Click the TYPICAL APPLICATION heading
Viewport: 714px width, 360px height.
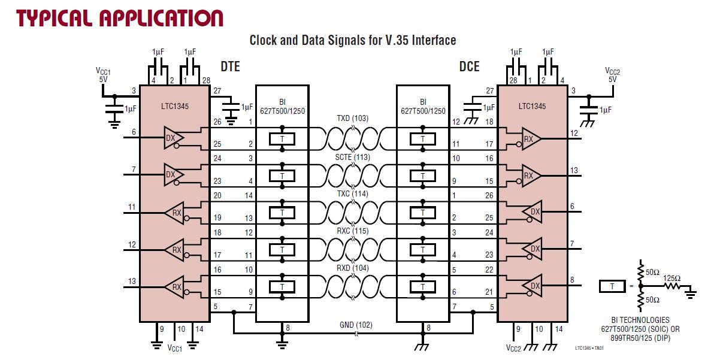point(120,17)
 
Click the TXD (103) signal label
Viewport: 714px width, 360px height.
point(352,118)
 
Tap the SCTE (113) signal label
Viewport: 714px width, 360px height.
point(352,157)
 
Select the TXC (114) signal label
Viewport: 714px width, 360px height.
point(352,194)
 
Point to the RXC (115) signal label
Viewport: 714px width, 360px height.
point(352,231)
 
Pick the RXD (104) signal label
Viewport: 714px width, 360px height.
point(352,268)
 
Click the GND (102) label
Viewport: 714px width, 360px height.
point(356,325)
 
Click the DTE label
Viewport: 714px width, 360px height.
point(230,66)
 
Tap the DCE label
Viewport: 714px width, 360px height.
point(470,66)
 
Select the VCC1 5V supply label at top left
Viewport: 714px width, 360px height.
point(104,75)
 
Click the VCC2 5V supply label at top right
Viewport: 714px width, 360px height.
point(612,75)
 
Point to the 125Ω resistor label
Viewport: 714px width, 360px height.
point(672,278)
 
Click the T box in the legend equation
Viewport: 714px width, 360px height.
point(613,287)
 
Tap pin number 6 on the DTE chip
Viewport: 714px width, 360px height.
point(134,132)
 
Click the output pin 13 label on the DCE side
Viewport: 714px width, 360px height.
point(574,171)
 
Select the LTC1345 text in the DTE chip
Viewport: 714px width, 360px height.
point(174,107)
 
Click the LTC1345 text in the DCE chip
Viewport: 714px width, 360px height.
point(533,107)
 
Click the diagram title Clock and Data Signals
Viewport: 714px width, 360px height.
point(353,41)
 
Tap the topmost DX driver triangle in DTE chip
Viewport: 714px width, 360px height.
point(173,138)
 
